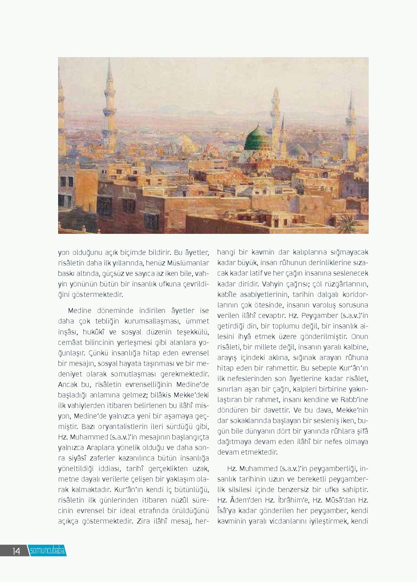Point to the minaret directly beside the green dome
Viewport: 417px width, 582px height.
(x=275, y=118)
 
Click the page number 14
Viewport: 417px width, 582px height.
(x=16, y=551)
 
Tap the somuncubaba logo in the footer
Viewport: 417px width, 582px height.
(x=47, y=550)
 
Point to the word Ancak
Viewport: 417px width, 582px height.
(x=67, y=384)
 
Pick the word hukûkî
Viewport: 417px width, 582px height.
(x=95, y=332)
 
